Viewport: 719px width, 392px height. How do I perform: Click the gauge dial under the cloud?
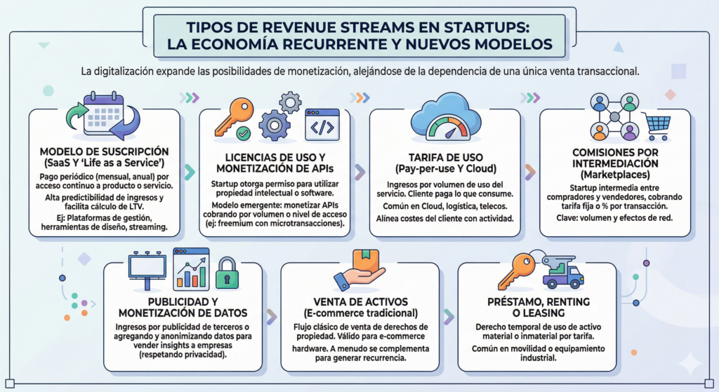coord(445,130)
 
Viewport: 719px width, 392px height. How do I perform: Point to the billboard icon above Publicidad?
coord(147,269)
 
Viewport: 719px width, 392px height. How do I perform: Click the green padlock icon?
coord(226,274)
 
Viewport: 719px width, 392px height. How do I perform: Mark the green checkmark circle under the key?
coord(243,132)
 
